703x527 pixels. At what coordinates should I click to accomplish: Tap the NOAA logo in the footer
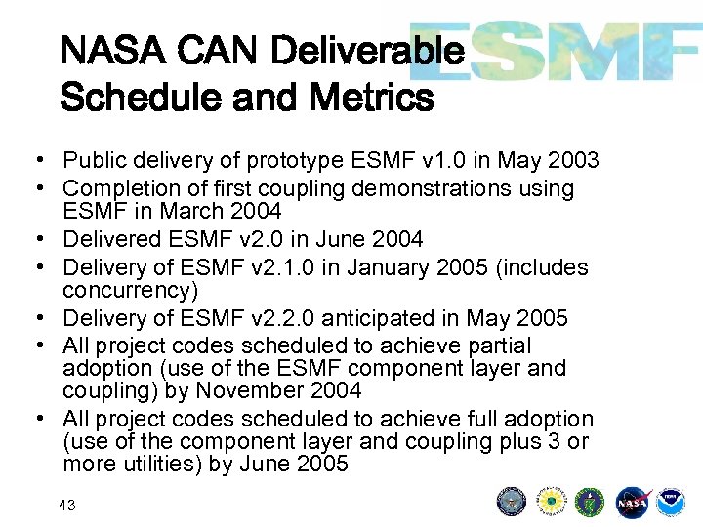pyautogui.click(x=670, y=503)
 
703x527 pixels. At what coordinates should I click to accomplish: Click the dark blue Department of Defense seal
pyautogui.click(x=512, y=503)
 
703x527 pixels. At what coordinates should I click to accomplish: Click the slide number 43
pyautogui.click(x=67, y=505)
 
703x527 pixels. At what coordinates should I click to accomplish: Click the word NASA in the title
pyautogui.click(x=103, y=49)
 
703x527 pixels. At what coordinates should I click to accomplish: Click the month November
pyautogui.click(x=251, y=391)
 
